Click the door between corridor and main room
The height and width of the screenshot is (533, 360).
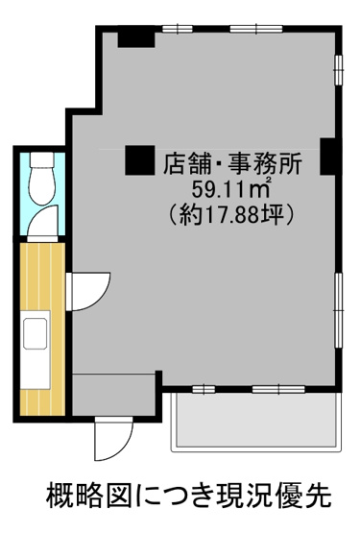coord(88,288)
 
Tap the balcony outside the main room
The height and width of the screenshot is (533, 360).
coord(253,422)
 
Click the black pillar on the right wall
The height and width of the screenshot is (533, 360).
coord(328,157)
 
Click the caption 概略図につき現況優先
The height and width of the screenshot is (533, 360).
coord(188,497)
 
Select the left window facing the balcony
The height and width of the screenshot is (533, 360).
coord(204,389)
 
